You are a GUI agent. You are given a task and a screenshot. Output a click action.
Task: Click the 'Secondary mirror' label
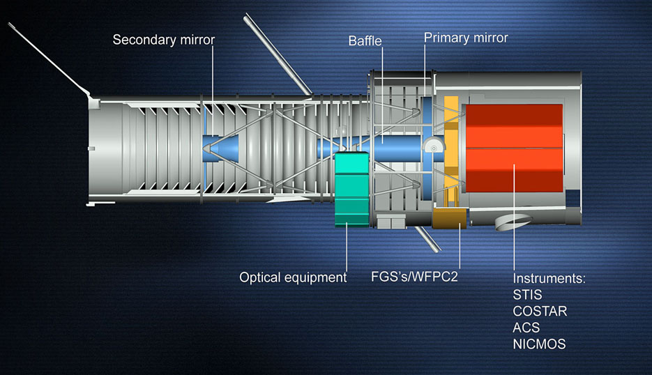click(164, 40)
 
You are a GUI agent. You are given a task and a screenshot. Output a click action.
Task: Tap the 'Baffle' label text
click(365, 41)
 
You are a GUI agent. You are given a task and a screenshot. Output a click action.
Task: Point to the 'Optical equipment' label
click(293, 277)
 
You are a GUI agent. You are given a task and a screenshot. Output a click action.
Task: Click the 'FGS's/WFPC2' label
click(414, 277)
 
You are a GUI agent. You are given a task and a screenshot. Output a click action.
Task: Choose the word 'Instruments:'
click(549, 278)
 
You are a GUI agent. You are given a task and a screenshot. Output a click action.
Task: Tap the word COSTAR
click(540, 311)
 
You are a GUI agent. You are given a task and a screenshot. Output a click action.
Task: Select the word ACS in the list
click(526, 328)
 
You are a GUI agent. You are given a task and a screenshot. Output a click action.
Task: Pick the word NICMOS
click(540, 344)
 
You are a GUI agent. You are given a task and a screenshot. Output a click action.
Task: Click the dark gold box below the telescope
click(448, 218)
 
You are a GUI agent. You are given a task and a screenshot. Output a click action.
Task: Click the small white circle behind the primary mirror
click(434, 147)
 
